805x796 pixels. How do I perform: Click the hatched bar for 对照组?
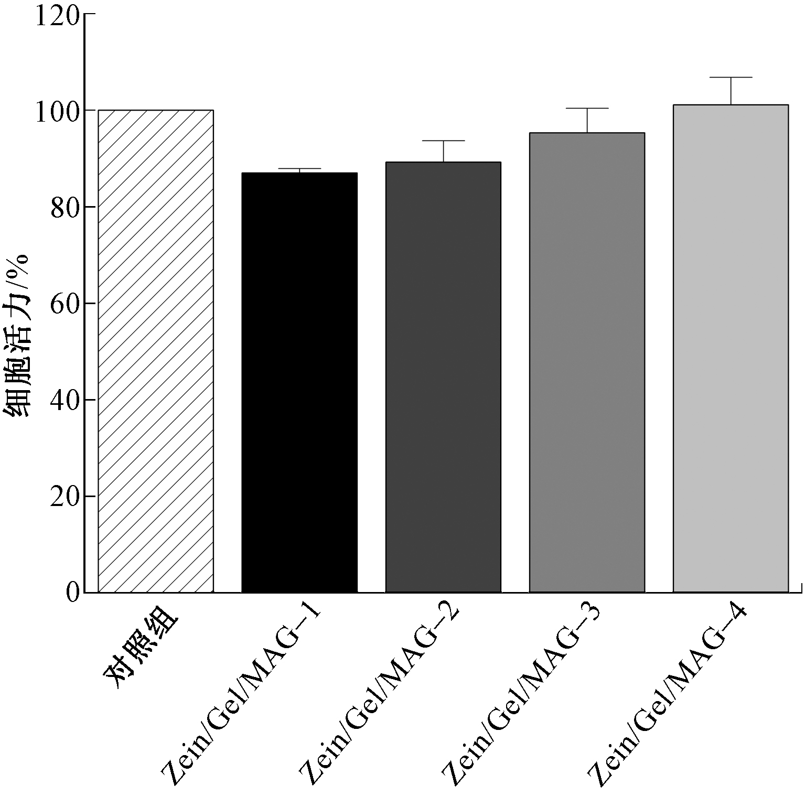click(x=156, y=351)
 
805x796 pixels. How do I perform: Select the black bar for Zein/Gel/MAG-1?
click(x=299, y=382)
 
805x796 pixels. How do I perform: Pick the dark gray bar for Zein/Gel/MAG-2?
click(x=443, y=377)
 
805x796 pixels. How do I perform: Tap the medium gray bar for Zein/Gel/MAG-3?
click(x=587, y=362)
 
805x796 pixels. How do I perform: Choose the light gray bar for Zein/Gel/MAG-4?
click(x=731, y=348)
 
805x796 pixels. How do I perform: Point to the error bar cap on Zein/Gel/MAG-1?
click(x=299, y=169)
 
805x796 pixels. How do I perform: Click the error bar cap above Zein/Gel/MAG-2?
click(x=443, y=141)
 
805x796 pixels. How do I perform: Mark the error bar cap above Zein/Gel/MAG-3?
click(x=587, y=108)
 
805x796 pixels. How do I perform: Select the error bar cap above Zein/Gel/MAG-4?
click(x=731, y=77)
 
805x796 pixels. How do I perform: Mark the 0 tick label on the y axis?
click(x=73, y=593)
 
